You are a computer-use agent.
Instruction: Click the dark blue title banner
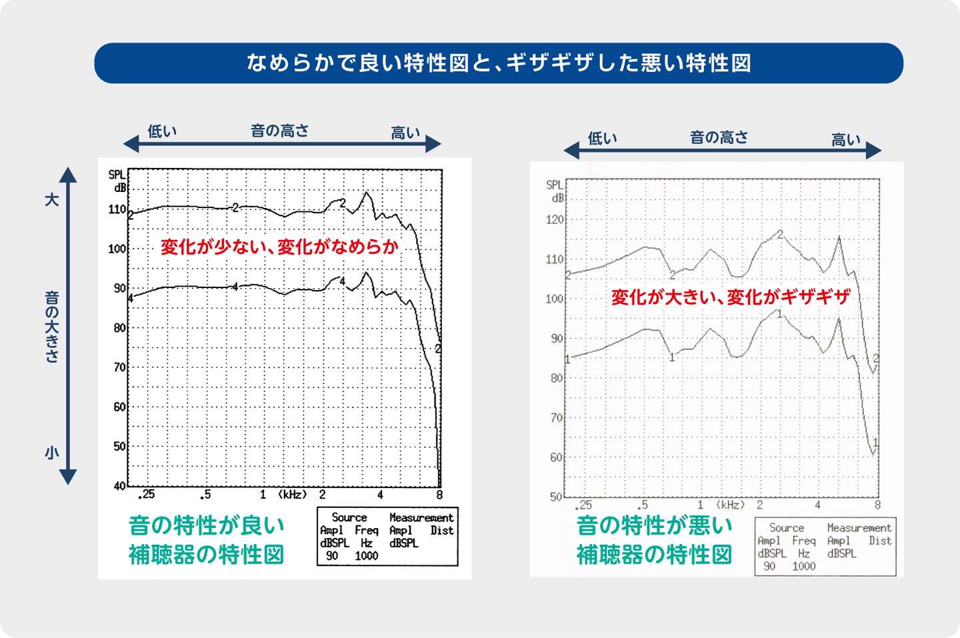pos(499,63)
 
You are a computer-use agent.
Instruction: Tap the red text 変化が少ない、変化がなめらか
pos(279,247)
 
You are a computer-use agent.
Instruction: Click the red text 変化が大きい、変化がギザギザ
pos(731,297)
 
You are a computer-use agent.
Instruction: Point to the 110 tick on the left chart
pos(117,209)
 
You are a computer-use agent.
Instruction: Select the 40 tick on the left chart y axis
pos(119,486)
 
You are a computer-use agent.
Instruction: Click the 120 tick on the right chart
pos(555,219)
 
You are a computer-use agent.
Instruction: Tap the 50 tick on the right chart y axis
pos(556,497)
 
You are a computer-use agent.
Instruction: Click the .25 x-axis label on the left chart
pos(147,495)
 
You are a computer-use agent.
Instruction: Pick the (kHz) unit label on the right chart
pos(731,505)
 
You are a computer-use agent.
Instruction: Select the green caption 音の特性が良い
pos(207,525)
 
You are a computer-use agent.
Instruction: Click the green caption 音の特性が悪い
pos(655,525)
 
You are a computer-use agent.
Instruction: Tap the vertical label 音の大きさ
pos(52,326)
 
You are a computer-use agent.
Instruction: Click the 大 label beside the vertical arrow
pos(52,199)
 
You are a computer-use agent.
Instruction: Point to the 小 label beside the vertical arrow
pos(52,453)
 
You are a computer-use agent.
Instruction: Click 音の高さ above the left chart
pos(280,131)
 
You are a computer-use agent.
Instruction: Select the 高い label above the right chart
pos(846,140)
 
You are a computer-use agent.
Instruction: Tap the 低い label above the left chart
pos(162,131)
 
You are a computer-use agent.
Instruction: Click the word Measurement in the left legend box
pos(421,517)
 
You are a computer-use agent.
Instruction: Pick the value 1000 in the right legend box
pos(804,566)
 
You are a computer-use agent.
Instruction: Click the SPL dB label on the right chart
pos(555,191)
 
